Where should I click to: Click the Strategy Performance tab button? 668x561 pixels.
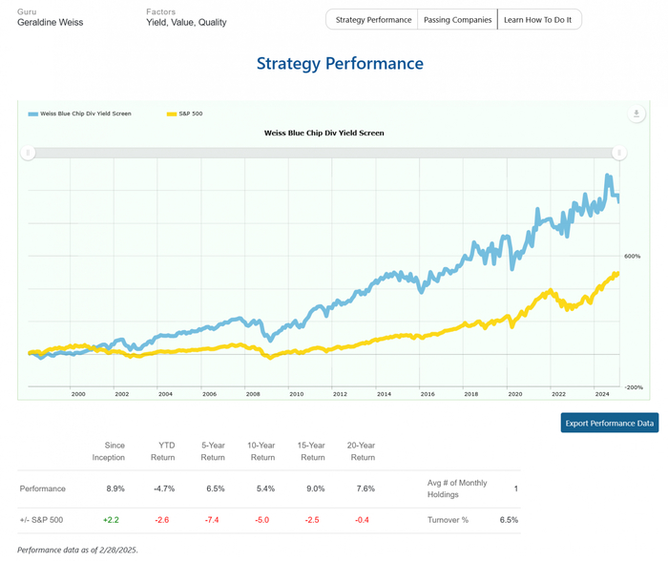click(374, 20)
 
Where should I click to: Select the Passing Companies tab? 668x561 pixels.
click(458, 20)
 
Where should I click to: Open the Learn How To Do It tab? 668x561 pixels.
click(537, 20)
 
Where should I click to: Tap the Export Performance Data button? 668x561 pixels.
click(609, 422)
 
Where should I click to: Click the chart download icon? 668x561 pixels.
click(637, 114)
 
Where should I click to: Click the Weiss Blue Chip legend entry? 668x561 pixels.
click(80, 114)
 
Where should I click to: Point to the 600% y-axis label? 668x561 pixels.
click(632, 257)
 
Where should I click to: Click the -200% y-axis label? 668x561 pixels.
click(633, 387)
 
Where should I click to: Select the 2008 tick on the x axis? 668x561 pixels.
click(253, 393)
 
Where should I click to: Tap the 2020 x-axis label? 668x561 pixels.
click(514, 393)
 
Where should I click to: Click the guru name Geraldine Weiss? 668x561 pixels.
click(51, 22)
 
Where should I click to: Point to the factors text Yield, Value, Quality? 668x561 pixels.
click(186, 22)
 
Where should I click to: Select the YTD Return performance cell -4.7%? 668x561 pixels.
click(161, 488)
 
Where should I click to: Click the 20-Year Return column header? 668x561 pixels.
click(362, 451)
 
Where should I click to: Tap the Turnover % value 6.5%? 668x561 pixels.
click(509, 520)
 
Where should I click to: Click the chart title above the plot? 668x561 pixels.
click(324, 133)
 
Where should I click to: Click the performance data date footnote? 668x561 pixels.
click(77, 551)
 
